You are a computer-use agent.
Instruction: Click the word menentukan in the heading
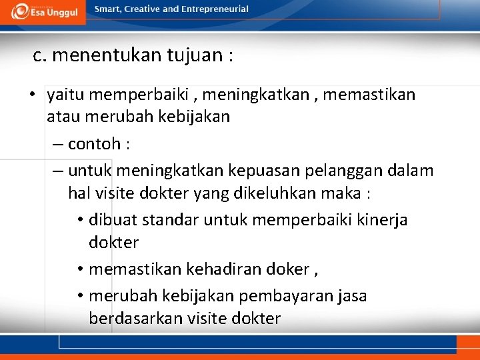coord(105,55)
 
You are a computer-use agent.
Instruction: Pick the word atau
coord(61,117)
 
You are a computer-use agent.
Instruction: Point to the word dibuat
coord(110,220)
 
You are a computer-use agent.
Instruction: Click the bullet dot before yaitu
coord(32,95)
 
